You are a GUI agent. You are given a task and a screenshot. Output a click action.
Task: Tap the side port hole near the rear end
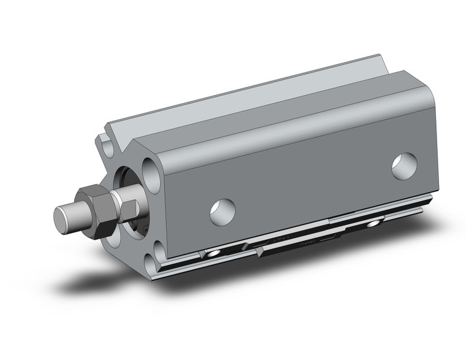pos(404,164)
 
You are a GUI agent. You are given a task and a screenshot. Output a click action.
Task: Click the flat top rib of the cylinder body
pos(245,92)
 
